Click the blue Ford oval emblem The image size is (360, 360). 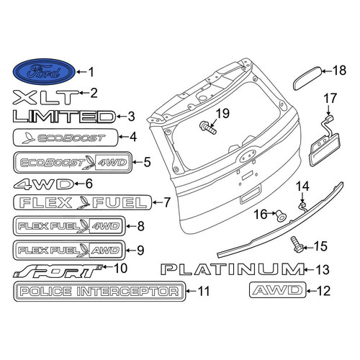tap(44, 71)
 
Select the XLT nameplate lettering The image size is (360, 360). tap(45, 97)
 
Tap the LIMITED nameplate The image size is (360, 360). tap(64, 117)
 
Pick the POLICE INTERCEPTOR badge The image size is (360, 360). tap(99, 292)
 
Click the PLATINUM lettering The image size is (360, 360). tap(233, 269)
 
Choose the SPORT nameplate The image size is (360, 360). tap(58, 271)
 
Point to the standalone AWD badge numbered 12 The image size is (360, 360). tap(278, 290)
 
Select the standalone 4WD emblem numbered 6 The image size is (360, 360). tap(44, 184)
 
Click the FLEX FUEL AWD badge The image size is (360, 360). tap(69, 251)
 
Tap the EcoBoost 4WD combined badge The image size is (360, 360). tap(73, 162)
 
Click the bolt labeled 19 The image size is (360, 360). tap(208, 127)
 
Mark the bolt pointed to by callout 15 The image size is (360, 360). tap(297, 244)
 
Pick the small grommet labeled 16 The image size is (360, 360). tap(281, 216)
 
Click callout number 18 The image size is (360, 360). tap(339, 71)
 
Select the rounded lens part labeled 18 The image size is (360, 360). tap(307, 78)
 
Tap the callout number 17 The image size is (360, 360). tap(330, 99)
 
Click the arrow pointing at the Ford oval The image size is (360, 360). tap(82, 71)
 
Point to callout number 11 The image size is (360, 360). tap(204, 291)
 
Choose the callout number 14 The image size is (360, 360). tap(302, 186)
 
